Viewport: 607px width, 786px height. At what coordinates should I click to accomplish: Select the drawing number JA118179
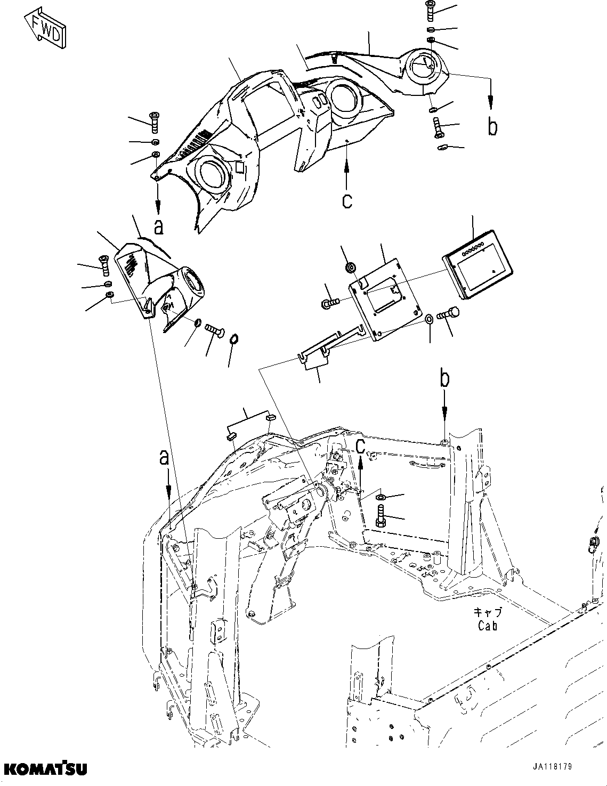tap(551, 767)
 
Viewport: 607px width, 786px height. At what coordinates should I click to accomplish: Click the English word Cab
tap(487, 626)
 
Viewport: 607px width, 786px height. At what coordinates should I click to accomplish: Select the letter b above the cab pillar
tap(444, 379)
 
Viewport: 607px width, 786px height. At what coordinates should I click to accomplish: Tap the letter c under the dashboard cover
tap(347, 201)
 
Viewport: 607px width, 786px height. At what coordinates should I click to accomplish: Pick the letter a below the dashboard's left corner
tap(158, 226)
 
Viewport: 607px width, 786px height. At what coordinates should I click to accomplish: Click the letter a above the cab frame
tap(165, 457)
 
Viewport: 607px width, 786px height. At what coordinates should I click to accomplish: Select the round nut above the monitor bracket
tap(351, 266)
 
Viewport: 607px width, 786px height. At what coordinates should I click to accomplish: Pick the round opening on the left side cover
tap(191, 282)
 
